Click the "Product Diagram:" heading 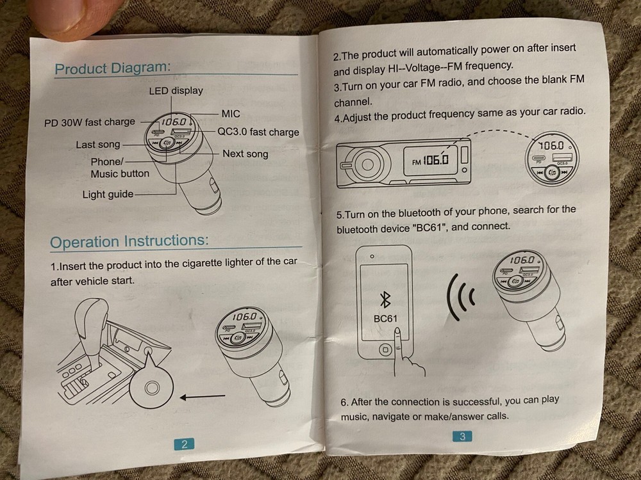tap(112, 68)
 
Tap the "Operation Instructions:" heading tap(129, 241)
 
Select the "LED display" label tap(176, 91)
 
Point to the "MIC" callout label tap(231, 114)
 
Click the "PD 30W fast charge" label tap(90, 122)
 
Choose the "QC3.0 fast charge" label tap(258, 132)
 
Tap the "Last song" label tap(98, 145)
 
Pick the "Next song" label tap(246, 154)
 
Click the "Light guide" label tap(108, 195)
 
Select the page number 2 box tap(185, 444)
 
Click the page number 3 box tap(462, 436)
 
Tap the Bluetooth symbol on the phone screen tap(385, 300)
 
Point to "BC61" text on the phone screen tap(385, 318)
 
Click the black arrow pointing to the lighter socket tap(203, 396)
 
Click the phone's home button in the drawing tap(385, 349)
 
